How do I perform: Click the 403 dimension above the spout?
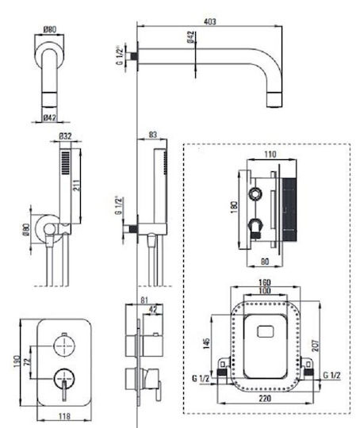pos(210,21)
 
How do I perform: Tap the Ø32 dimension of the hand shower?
pos(65,136)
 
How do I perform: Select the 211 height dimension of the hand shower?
pos(77,185)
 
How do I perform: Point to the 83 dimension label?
pos(153,135)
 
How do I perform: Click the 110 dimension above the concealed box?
pos(270,155)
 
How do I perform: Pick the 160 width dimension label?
pos(264,282)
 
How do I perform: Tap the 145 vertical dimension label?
pos(206,343)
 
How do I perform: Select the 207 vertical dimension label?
pos(316,346)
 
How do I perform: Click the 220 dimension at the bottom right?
pos(264,398)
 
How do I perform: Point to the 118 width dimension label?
pos(64,416)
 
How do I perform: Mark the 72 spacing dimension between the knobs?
pos(27,362)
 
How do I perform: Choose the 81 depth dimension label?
pos(144,300)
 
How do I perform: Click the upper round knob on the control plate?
pos(64,346)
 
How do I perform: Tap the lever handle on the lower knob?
pos(64,391)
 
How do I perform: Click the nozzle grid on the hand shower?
pos(66,162)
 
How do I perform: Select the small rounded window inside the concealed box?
pos(265,331)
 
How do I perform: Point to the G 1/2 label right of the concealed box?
pos(331,376)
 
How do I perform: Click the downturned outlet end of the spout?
pos(274,100)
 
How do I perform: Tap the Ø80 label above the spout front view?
pos(50,29)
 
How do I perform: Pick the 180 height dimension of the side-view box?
pos(235,208)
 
